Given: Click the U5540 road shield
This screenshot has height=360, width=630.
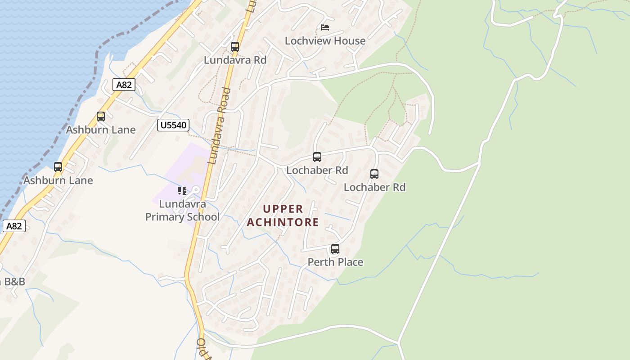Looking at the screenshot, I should (x=173, y=125).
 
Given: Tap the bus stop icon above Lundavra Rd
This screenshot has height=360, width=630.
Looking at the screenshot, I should (x=235, y=47).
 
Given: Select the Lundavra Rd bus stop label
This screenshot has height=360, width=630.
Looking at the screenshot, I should (x=235, y=60).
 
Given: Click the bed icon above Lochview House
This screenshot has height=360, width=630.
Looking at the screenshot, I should (x=325, y=27).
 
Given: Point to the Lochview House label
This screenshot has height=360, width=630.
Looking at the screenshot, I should (x=325, y=41).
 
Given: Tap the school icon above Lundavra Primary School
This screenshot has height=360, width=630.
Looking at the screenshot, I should (x=182, y=191).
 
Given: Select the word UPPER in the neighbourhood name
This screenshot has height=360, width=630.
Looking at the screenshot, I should (x=283, y=209).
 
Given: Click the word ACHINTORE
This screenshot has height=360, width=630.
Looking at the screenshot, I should (x=283, y=222).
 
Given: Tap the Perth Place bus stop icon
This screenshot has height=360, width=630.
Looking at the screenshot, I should (x=335, y=249).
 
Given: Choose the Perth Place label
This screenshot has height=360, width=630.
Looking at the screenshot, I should (x=335, y=262).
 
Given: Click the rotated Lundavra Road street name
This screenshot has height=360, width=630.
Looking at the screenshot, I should (x=219, y=126).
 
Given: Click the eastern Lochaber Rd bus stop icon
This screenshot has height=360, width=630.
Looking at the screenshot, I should (x=374, y=174).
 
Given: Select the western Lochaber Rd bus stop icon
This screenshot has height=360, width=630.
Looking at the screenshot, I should (x=317, y=157).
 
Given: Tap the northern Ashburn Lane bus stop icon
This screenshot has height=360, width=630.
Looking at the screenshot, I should (x=101, y=117).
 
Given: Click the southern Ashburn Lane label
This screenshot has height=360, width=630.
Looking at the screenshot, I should (x=58, y=180).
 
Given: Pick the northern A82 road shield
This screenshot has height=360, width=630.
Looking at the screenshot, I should (x=124, y=85).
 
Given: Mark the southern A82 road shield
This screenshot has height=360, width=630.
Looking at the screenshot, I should (x=14, y=226).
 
